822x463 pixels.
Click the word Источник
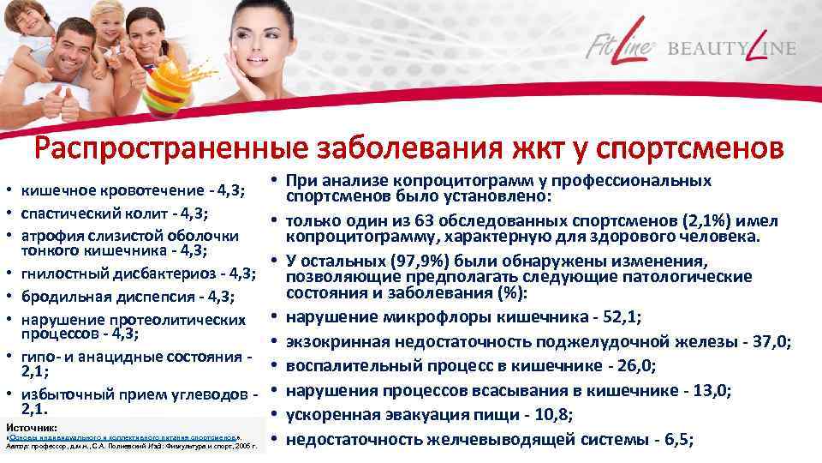pyautogui.click(x=31, y=426)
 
